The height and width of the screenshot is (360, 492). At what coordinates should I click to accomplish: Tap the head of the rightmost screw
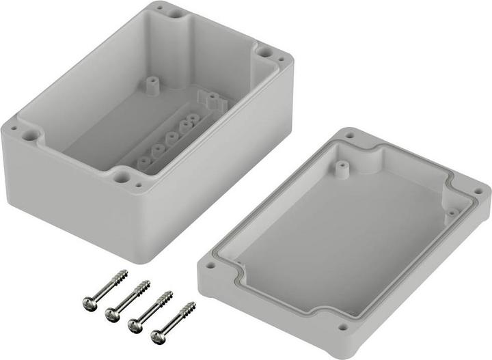coord(157,335)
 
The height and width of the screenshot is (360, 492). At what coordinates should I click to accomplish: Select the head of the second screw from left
coord(111,315)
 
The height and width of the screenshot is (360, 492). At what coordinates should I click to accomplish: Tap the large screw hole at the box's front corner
coord(121,177)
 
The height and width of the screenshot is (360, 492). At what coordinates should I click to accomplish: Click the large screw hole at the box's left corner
coord(29,135)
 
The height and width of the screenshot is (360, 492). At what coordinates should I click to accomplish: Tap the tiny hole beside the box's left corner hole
coord(13,127)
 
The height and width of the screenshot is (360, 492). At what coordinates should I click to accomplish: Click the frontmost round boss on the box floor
coord(144,163)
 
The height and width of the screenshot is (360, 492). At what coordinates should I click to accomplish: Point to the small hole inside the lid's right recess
coord(450,212)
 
